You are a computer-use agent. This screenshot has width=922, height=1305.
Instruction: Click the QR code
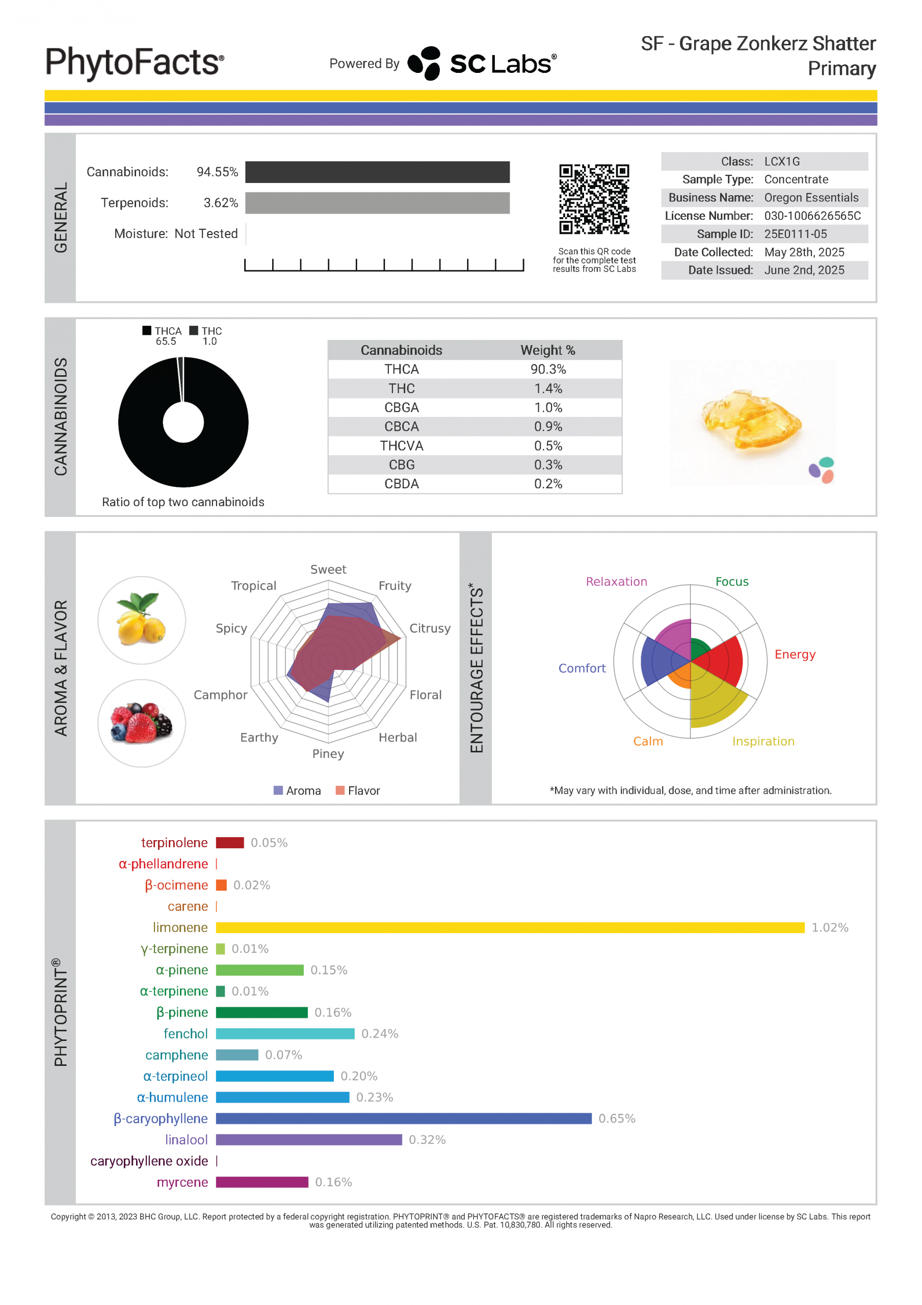pos(593,199)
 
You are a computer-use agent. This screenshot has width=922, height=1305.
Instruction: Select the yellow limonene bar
pos(509,927)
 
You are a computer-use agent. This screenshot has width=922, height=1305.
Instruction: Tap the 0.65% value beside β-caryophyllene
pos(616,1118)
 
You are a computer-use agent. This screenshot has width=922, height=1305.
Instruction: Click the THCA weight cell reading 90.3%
pos(547,369)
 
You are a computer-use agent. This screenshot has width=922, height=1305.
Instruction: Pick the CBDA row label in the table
pos(401,484)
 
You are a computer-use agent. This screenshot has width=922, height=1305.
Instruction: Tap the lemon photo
pos(142,619)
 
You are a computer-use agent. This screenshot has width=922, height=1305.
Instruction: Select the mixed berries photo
pos(142,723)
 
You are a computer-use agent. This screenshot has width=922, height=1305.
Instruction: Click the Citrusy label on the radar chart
pos(430,628)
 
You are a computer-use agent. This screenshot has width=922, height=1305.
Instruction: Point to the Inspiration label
pos(763,741)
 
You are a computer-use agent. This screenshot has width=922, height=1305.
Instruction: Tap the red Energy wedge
pos(722,659)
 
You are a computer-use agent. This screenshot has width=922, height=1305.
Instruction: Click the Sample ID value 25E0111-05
pos(795,233)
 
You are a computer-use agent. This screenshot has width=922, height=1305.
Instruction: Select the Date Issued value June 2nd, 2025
pos(804,270)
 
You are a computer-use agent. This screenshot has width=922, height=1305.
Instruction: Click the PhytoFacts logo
pos(135,63)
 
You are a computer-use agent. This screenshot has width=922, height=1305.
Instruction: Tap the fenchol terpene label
pos(186,1033)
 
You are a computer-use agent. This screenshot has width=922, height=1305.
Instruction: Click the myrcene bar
pos(261,1182)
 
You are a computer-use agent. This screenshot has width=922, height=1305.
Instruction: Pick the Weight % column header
pos(547,350)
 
